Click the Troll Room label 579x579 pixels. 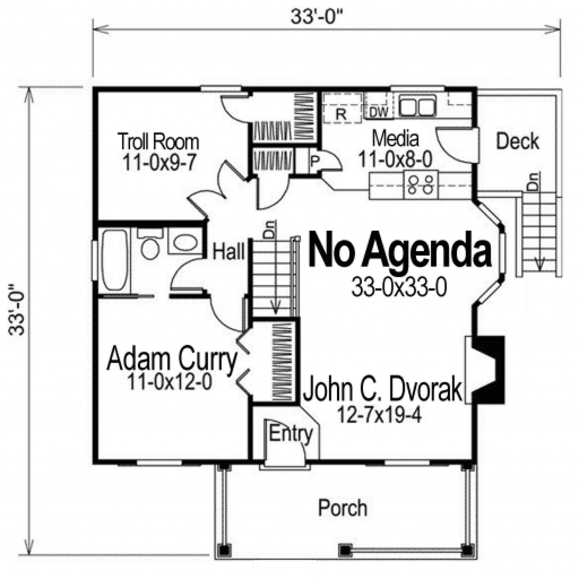click(x=158, y=141)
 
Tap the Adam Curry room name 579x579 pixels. click(x=172, y=358)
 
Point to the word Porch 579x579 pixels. click(x=343, y=508)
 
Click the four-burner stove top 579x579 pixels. click(x=421, y=184)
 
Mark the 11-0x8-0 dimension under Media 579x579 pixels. click(x=395, y=159)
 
